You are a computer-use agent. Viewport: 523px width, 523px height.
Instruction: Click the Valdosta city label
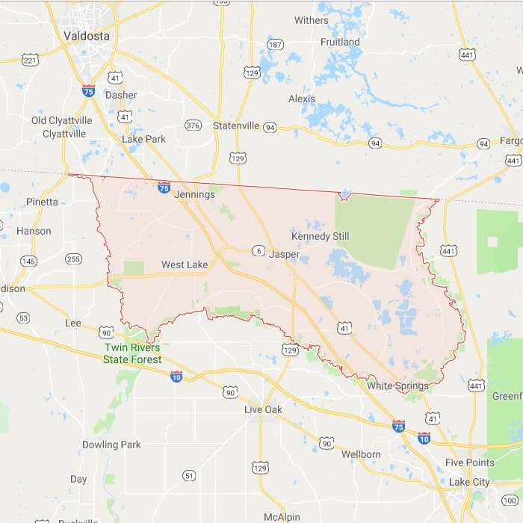point(86,35)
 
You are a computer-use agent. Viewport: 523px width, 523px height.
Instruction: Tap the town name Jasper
point(284,254)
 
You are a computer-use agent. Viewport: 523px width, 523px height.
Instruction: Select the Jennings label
point(194,194)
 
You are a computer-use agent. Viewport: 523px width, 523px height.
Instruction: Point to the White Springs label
point(397,386)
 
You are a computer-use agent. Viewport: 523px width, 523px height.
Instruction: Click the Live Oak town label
point(264,409)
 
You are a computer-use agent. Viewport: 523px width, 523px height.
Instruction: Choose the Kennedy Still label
point(320,236)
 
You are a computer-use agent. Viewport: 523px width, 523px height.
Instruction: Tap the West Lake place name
point(185,264)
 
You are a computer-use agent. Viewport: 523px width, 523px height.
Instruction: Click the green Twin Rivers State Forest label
point(131,353)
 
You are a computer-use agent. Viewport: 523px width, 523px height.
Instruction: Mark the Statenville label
point(236,126)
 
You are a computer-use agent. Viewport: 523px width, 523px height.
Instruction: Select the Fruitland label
point(340,42)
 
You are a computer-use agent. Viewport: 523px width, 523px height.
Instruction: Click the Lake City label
point(469,482)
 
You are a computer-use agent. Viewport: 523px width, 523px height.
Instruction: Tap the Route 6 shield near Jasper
point(258,250)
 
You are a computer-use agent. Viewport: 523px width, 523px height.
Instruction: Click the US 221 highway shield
point(30,59)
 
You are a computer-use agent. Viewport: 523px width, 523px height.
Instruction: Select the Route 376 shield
point(193,125)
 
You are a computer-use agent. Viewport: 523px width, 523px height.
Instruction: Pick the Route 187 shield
point(275,45)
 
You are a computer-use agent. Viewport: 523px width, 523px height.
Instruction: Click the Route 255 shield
point(73,259)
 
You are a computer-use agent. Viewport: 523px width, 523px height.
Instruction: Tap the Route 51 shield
point(189,475)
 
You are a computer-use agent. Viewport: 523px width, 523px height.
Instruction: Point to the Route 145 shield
point(28,261)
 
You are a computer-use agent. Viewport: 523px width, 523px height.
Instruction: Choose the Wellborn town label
point(361,454)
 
